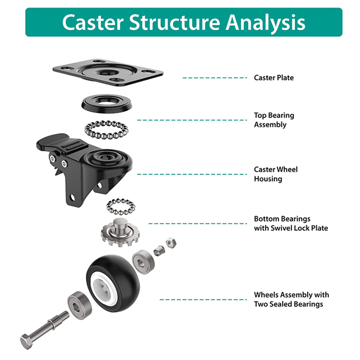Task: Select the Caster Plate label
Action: pyautogui.click(x=274, y=77)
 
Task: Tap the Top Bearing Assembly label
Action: pyautogui.click(x=274, y=120)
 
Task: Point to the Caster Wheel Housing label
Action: pyautogui.click(x=275, y=174)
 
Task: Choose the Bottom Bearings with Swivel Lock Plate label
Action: pyautogui.click(x=291, y=224)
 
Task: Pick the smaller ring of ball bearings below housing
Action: pyautogui.click(x=121, y=207)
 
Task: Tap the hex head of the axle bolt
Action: pyautogui.click(x=27, y=341)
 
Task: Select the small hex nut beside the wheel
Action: pyautogui.click(x=171, y=243)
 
